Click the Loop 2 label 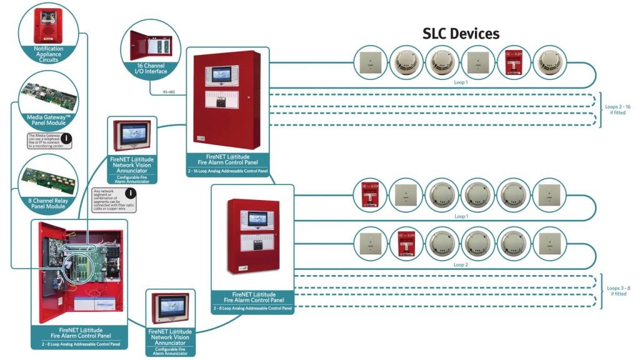pos(462,265)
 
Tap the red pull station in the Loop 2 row pos(407,245)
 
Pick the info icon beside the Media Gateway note pos(66,139)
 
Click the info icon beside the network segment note pos(131,194)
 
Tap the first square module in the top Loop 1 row pos(371,62)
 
